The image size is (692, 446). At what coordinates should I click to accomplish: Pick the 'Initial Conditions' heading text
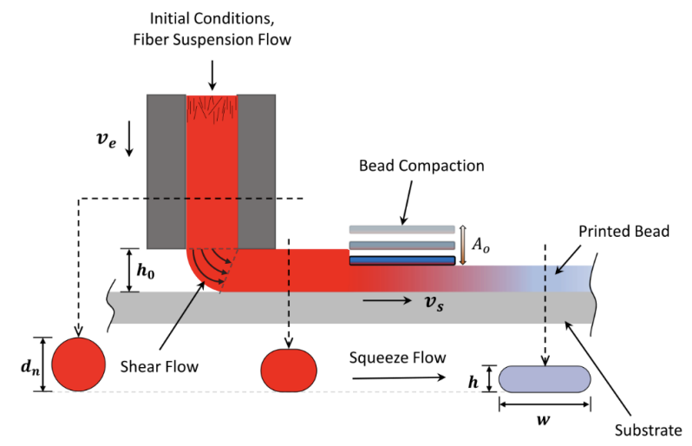coord(212,18)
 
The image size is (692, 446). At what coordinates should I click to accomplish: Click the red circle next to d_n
coord(78,364)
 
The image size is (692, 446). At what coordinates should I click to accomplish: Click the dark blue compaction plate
coord(401,260)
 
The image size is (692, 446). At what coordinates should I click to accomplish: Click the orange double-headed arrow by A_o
coord(463,244)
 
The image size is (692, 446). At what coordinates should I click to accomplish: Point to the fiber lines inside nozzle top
coord(212,108)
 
